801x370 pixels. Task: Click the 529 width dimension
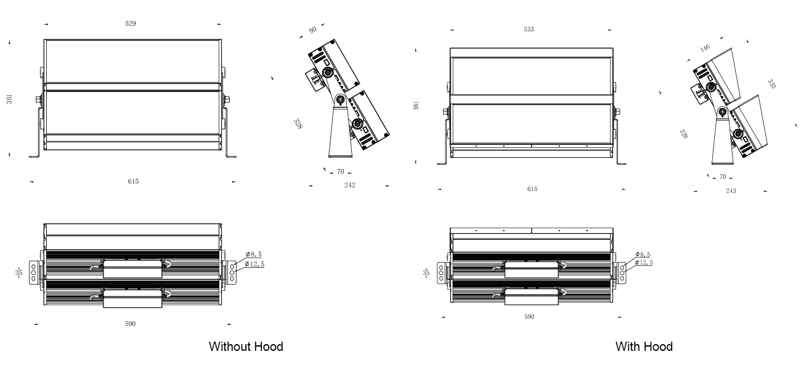(x=131, y=23)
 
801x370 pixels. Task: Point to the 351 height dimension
(x=10, y=99)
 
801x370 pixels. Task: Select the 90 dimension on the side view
(x=313, y=30)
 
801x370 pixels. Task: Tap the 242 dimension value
(x=350, y=185)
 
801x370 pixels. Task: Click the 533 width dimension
(x=529, y=29)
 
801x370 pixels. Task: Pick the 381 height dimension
(x=416, y=106)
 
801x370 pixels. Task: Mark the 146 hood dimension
(x=705, y=48)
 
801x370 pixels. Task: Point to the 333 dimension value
(x=771, y=83)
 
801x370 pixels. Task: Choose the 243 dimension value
(x=731, y=191)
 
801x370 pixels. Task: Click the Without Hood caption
(x=246, y=347)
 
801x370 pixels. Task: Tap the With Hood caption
(x=644, y=347)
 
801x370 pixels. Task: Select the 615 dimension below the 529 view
(x=133, y=181)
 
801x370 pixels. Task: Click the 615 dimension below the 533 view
(x=532, y=189)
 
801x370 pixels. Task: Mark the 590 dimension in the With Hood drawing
(x=529, y=316)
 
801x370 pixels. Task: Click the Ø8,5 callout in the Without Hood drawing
(x=254, y=254)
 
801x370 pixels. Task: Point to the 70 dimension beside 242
(x=340, y=172)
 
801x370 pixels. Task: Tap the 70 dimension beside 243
(x=722, y=178)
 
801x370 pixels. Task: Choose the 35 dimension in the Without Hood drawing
(x=18, y=272)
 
